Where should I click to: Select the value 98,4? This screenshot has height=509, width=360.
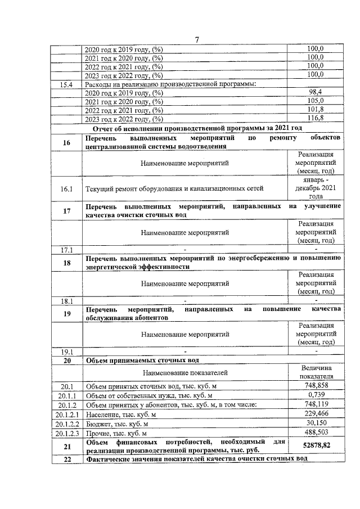tap(316, 92)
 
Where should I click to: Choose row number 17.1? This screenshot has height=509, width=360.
tap(66, 249)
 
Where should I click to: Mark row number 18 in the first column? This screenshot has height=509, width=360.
tap(66, 263)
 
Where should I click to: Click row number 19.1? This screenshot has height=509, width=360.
tap(66, 352)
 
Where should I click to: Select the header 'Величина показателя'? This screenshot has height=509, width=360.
tap(316, 372)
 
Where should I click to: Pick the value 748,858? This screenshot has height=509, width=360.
tap(316, 385)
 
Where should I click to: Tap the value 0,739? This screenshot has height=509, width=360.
tap(316, 395)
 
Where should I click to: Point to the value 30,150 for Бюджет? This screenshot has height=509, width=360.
tap(316, 423)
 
